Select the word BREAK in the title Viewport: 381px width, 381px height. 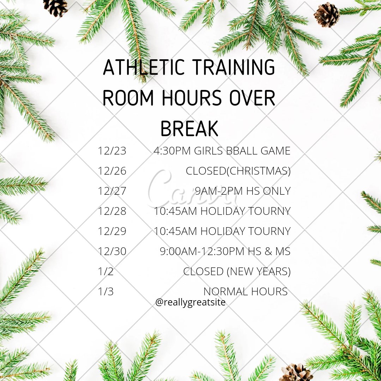[x=189, y=129]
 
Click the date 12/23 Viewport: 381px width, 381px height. [x=112, y=151]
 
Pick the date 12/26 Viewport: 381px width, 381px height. [x=112, y=171]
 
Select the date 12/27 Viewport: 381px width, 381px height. [x=112, y=191]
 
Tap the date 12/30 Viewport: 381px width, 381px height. [x=112, y=252]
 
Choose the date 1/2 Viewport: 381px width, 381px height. [x=106, y=272]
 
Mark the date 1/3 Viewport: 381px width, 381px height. [x=106, y=292]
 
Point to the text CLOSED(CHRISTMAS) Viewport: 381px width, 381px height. [x=238, y=171]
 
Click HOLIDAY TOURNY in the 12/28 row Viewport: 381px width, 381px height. [x=246, y=211]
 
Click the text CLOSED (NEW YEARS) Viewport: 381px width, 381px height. [x=237, y=272]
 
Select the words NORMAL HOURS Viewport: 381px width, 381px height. [x=246, y=292]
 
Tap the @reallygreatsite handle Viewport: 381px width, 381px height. [x=190, y=302]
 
